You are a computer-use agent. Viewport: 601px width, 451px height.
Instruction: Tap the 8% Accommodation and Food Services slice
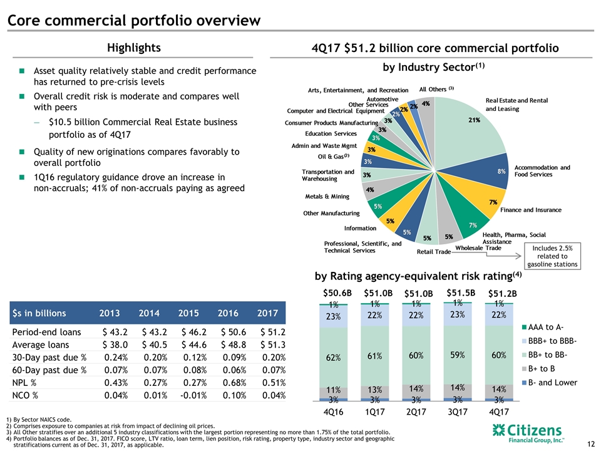click(x=495, y=170)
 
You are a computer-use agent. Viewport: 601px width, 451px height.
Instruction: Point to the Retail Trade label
click(x=434, y=252)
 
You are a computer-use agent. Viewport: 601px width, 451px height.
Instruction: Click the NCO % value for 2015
click(x=187, y=395)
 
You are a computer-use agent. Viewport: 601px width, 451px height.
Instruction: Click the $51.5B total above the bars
click(x=460, y=293)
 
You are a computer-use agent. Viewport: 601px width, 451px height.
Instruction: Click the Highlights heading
click(x=133, y=48)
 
